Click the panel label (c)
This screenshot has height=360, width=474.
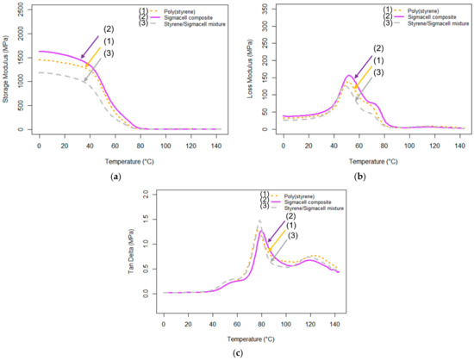(x=237, y=353)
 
